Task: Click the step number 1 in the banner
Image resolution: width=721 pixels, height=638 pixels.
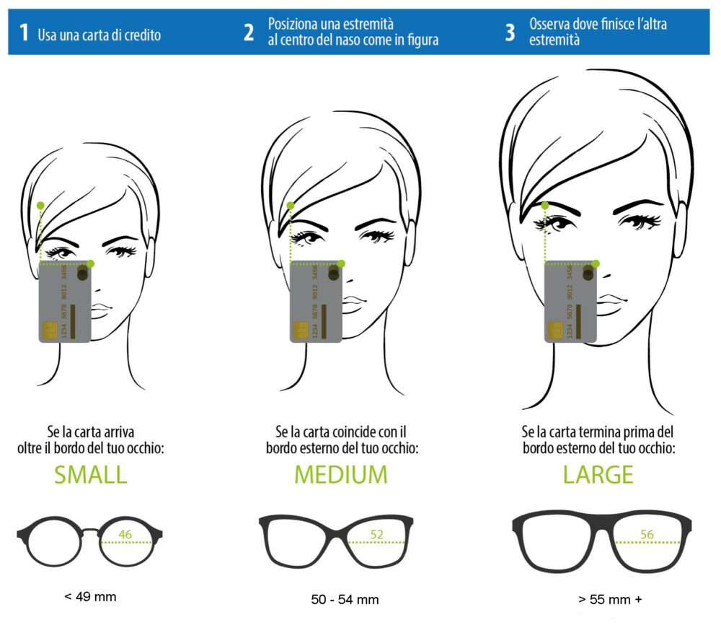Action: [x=24, y=32]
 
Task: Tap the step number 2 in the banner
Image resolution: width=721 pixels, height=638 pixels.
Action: [x=249, y=32]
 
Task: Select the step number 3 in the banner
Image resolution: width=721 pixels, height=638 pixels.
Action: [x=510, y=32]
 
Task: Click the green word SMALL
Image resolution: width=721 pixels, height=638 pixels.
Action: [x=91, y=475]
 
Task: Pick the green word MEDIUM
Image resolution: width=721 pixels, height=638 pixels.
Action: [x=341, y=475]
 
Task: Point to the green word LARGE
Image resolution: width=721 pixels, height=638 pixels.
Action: [x=598, y=475]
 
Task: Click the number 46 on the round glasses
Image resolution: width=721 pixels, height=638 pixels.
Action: [x=125, y=534]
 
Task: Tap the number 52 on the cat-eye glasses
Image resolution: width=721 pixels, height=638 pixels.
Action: [x=376, y=534]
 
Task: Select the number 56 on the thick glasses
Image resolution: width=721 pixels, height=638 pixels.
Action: [x=647, y=534]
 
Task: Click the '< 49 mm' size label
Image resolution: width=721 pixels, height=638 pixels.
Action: [x=91, y=597]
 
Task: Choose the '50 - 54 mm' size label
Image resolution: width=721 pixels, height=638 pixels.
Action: [x=345, y=599]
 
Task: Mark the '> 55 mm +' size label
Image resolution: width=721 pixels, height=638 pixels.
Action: [x=610, y=599]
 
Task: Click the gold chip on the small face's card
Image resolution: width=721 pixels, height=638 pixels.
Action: [x=50, y=330]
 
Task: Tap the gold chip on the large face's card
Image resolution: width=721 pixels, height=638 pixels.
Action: [x=555, y=330]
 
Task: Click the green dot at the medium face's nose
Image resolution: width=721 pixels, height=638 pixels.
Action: [x=341, y=263]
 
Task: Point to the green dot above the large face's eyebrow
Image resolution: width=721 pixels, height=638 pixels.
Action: [x=545, y=205]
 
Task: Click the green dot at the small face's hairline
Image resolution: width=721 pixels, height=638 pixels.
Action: [x=40, y=205]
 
